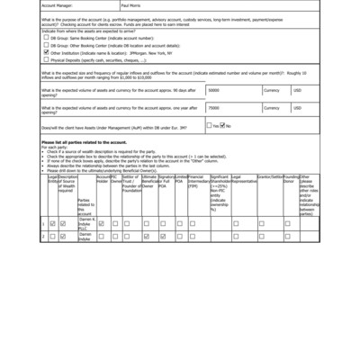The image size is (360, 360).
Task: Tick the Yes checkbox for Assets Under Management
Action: (210, 125)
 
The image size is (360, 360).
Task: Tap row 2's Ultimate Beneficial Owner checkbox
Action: (148, 236)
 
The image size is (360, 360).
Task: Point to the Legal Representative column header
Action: (243, 180)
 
